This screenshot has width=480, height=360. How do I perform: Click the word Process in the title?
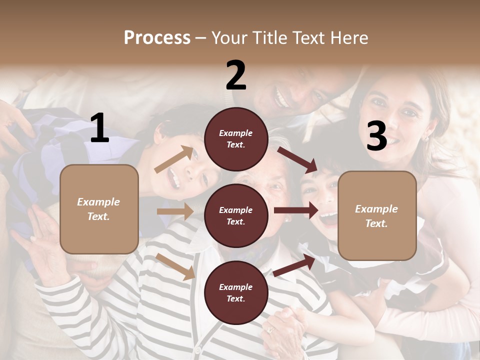coord(157,37)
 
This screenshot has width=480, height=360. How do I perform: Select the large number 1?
coord(99,128)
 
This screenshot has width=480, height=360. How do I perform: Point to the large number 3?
coord(376,136)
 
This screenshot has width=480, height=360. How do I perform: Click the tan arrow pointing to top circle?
coord(174,159)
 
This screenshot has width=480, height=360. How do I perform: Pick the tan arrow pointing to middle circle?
coord(175,211)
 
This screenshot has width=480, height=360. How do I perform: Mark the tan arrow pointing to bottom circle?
coord(175,266)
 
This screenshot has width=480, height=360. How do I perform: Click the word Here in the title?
coord(349,37)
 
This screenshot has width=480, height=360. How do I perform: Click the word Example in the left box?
coord(98,202)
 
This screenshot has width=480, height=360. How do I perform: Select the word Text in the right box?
coord(376,223)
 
